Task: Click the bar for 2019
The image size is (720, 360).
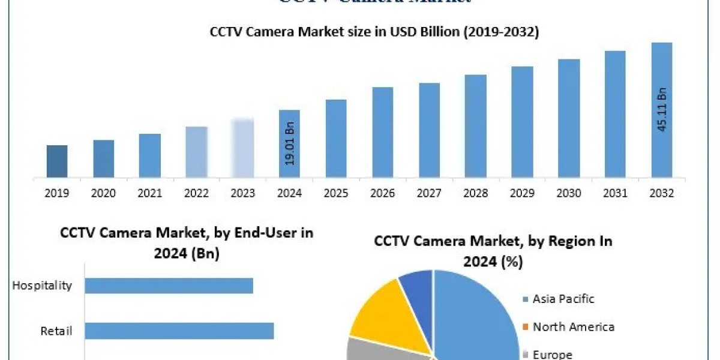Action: pos(57,161)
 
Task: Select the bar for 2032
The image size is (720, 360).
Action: pos(662,110)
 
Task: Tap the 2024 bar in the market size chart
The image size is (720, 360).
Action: pos(290,144)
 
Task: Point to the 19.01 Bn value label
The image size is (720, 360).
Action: pos(290,146)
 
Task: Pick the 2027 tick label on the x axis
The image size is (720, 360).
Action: pos(429,193)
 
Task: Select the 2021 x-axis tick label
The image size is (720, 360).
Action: pos(150,193)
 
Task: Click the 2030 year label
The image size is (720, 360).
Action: pos(569,193)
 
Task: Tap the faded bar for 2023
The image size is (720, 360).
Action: pos(243,149)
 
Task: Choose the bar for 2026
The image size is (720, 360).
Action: pos(383,133)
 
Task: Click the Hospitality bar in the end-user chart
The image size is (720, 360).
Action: pos(169,286)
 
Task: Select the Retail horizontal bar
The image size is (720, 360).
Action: pos(179,331)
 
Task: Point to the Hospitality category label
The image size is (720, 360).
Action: pos(42,286)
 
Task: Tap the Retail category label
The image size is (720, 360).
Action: pos(56,331)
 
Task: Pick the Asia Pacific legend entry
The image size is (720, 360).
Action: pos(563,299)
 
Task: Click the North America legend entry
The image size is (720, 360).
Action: pos(573,327)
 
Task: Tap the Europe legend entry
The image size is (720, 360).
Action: pos(552,354)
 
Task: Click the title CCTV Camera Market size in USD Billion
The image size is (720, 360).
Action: pos(374,33)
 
